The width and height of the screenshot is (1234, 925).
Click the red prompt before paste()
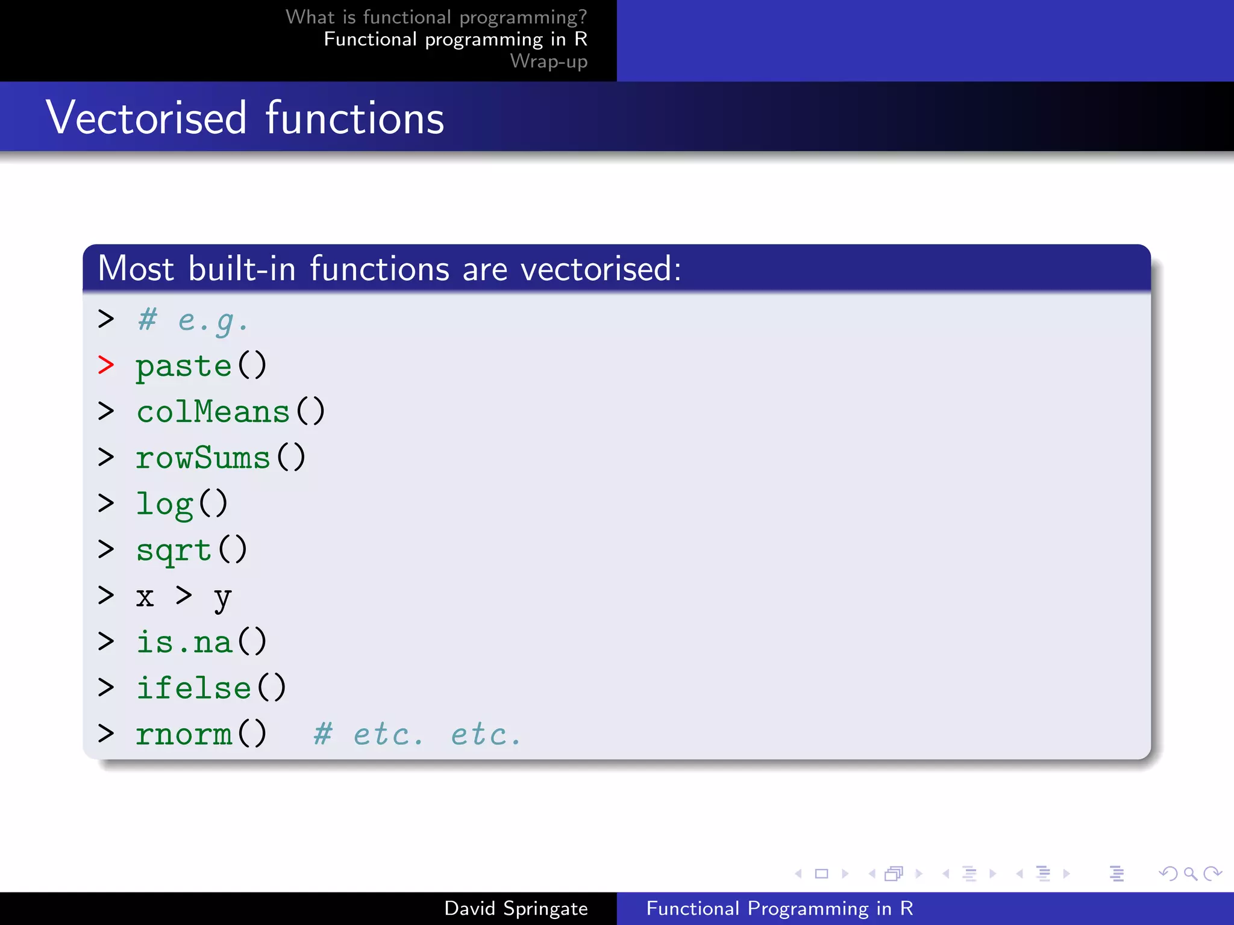click(x=106, y=365)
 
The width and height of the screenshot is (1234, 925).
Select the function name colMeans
click(x=213, y=412)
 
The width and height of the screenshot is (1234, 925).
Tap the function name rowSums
click(x=203, y=458)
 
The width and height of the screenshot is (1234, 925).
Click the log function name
click(x=164, y=504)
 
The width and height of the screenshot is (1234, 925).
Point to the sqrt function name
click(x=174, y=550)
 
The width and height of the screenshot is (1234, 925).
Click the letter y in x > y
click(x=222, y=598)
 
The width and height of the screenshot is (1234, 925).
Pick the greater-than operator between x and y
click(x=184, y=596)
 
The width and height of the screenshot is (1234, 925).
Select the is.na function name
click(x=184, y=642)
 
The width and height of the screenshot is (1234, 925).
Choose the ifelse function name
click(x=193, y=688)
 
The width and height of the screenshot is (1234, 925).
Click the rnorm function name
click(x=184, y=734)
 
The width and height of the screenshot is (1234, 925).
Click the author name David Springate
click(x=516, y=908)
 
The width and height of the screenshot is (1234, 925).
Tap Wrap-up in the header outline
click(x=548, y=61)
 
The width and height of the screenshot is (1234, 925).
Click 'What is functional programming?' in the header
click(x=436, y=17)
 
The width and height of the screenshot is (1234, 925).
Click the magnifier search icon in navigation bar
click(x=1189, y=873)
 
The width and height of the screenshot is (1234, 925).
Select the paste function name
click(x=184, y=366)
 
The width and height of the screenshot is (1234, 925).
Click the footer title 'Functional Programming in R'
click(x=780, y=908)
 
